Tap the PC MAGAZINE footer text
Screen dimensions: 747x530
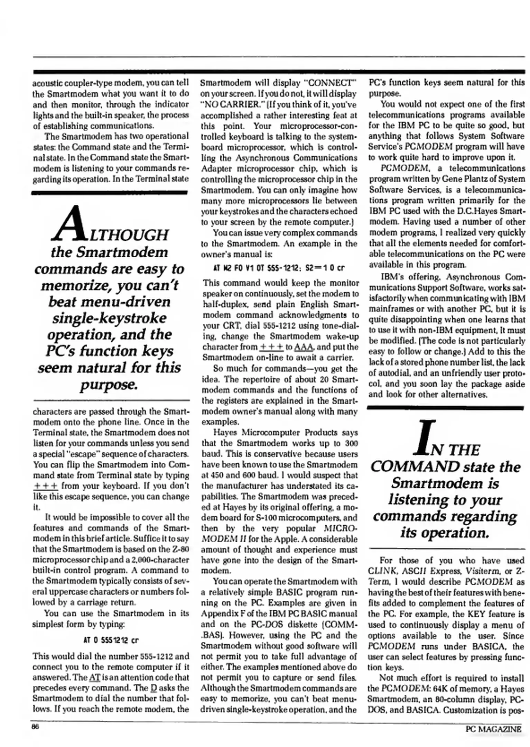point(493,729)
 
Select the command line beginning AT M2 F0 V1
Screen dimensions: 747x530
point(279,268)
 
